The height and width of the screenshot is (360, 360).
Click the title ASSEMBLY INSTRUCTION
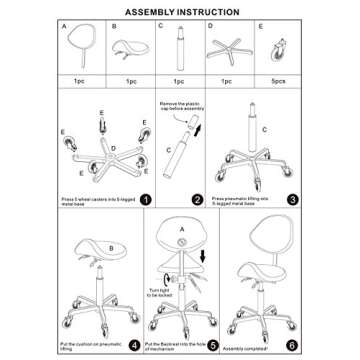[180, 12]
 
